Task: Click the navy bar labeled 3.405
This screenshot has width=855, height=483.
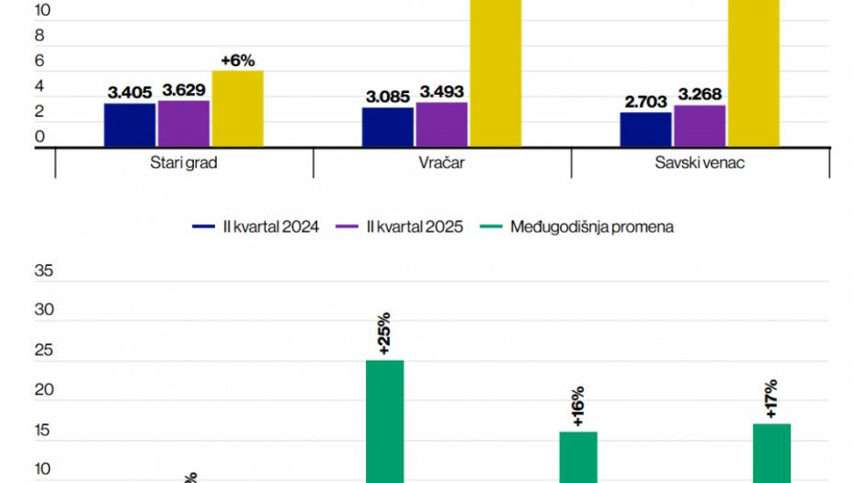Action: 130,125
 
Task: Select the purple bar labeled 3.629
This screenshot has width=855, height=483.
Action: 184,123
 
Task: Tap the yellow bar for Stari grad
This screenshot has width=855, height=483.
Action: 237,109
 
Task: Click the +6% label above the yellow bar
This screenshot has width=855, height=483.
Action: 237,61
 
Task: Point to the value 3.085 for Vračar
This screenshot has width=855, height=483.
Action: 388,95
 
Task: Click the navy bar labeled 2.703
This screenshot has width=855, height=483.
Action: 645,130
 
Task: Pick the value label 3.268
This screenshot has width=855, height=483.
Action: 700,93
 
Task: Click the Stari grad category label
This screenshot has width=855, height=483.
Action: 185,164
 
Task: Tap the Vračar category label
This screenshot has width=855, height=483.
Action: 442,164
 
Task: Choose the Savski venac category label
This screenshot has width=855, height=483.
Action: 701,164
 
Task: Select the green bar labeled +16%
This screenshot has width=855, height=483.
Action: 578,456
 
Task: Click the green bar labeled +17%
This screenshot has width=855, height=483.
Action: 771,453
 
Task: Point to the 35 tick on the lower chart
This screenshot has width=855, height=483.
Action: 44,271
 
